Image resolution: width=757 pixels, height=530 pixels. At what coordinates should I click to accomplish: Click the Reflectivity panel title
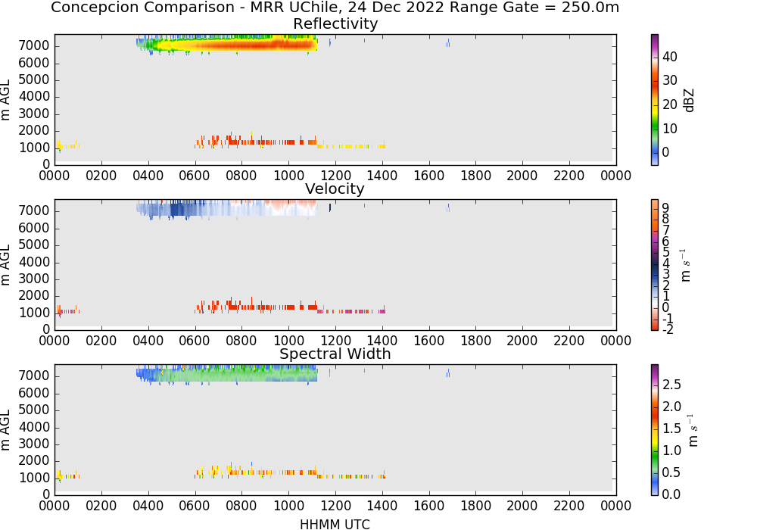tap(335, 23)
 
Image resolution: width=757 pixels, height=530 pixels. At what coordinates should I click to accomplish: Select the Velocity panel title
tap(335, 189)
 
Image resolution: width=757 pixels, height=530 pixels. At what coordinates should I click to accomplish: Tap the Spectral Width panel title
tap(335, 354)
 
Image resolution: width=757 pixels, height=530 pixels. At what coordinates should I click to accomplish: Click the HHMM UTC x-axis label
tap(335, 524)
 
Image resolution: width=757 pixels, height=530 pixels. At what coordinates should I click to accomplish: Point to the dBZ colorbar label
tap(689, 101)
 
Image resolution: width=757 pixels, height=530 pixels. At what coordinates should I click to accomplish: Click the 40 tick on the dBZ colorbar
tap(670, 57)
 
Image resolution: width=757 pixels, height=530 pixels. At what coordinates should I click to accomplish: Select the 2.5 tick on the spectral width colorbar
tap(671, 385)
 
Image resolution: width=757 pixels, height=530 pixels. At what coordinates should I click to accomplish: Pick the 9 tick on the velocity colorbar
tap(665, 207)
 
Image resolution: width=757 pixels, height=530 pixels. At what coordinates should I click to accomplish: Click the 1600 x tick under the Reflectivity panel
tap(428, 176)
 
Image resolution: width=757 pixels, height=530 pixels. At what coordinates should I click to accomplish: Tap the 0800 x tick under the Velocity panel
tap(241, 341)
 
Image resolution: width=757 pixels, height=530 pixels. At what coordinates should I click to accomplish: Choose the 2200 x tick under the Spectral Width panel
tap(569, 506)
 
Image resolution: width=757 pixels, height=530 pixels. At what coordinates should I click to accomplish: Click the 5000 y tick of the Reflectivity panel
tap(34, 79)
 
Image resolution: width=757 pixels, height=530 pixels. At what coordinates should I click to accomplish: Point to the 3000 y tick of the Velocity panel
tap(34, 279)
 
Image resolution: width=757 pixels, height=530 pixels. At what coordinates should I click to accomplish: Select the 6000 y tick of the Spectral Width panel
tap(34, 394)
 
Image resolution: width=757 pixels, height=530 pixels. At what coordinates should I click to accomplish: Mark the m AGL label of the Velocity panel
tap(5, 265)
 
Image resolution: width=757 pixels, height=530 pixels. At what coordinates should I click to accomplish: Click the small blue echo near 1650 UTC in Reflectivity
tap(448, 43)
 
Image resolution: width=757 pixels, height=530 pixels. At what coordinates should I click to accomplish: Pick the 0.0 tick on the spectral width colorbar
tap(671, 494)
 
